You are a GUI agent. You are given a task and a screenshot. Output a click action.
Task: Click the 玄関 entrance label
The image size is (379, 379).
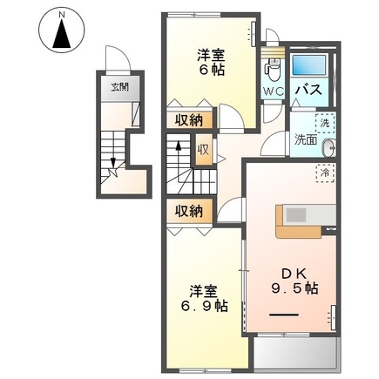(117, 86)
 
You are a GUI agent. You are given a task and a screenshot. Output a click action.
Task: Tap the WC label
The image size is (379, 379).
(274, 90)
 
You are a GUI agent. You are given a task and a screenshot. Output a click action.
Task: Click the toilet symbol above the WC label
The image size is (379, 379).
(273, 65)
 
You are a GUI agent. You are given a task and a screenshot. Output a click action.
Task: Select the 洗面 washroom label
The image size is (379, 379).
(305, 139)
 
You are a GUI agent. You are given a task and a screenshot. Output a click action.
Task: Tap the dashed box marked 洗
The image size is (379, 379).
(324, 123)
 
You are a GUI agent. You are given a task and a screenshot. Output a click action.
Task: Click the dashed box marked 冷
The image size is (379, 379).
(324, 171)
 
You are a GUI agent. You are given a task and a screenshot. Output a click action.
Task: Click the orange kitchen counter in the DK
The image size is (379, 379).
(305, 220)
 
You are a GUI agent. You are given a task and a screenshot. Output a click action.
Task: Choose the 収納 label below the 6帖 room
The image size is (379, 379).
(187, 120)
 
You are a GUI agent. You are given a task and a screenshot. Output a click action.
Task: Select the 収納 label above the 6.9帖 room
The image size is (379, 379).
(187, 210)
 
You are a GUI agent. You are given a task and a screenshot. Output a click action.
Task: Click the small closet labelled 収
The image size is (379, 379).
(203, 149)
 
